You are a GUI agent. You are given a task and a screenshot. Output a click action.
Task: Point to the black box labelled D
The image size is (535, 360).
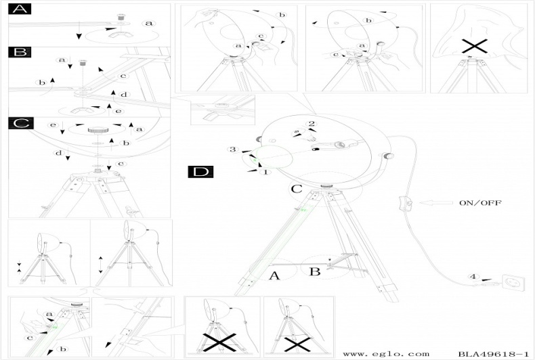point(201,171)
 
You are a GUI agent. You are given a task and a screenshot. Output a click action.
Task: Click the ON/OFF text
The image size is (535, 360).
point(481,202)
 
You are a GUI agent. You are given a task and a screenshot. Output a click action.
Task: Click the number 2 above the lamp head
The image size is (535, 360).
point(312,123)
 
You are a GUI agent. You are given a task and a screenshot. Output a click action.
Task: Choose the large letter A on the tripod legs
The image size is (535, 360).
point(274,275)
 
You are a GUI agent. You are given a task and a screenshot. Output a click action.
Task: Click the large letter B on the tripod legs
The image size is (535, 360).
point(314,273)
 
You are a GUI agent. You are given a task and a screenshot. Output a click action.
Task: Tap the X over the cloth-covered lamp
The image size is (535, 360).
point(475,46)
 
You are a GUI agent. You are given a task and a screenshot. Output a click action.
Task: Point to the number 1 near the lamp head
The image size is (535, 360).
point(265,172)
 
